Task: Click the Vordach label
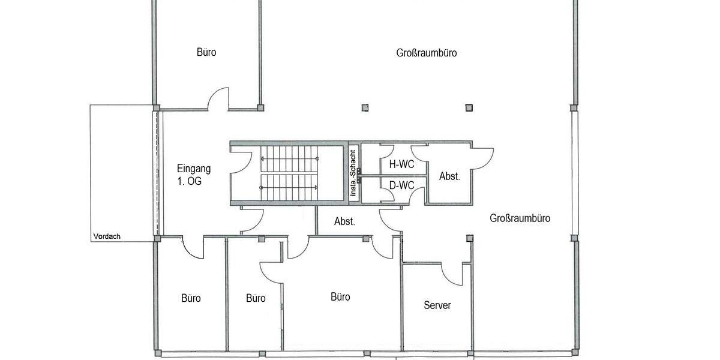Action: (107, 236)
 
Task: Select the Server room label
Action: (437, 305)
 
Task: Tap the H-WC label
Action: (401, 164)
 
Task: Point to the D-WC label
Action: (401, 185)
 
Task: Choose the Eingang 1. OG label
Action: (194, 175)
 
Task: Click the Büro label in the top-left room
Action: (206, 52)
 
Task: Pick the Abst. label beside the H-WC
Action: (449, 176)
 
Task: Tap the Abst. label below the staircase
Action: (344, 221)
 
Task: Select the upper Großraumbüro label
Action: (427, 53)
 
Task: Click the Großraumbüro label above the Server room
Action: (520, 218)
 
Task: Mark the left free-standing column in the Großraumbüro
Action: (365, 108)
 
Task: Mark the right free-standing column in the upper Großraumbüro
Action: (469, 108)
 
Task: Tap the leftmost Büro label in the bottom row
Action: (191, 298)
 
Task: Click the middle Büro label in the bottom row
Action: (256, 298)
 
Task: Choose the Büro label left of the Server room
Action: (340, 297)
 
